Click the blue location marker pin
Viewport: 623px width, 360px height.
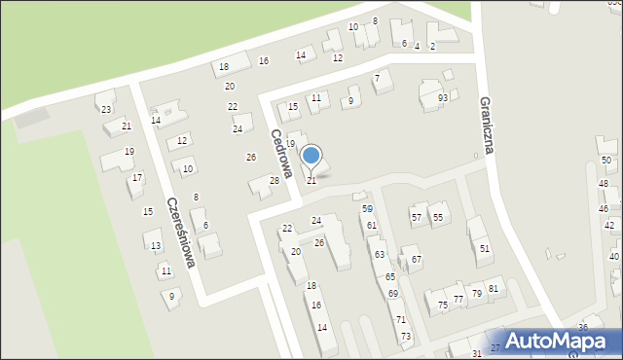pyautogui.click(x=311, y=156)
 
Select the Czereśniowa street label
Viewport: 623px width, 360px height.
pyautogui.click(x=181, y=233)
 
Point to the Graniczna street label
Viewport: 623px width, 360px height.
pyautogui.click(x=490, y=126)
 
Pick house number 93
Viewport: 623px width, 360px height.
pyautogui.click(x=443, y=98)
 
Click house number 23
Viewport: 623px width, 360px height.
pyautogui.click(x=105, y=109)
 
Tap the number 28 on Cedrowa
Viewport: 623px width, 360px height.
pyautogui.click(x=275, y=180)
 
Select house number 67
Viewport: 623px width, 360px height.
pyautogui.click(x=417, y=260)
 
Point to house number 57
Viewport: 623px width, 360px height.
pyautogui.click(x=417, y=217)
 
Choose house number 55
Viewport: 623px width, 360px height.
pyautogui.click(x=438, y=217)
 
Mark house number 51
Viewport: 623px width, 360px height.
pyautogui.click(x=485, y=249)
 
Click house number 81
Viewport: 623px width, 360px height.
pyautogui.click(x=494, y=288)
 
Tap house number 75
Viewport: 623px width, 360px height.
pyautogui.click(x=443, y=305)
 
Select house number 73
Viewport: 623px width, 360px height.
pyautogui.click(x=406, y=336)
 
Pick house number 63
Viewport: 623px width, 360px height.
pyautogui.click(x=380, y=254)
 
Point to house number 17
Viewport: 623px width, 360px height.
pyautogui.click(x=137, y=178)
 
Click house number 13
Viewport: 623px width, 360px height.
pyautogui.click(x=156, y=246)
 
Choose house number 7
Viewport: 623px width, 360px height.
pyautogui.click(x=377, y=77)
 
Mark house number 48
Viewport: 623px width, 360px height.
pyautogui.click(x=604, y=184)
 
